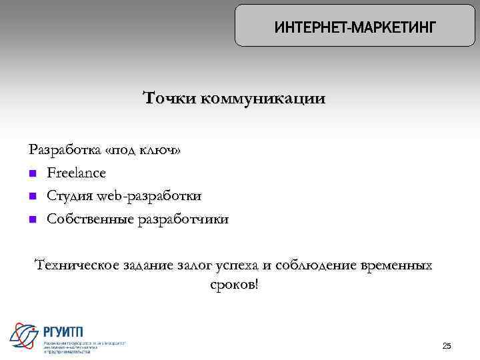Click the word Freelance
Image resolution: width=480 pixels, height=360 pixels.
(76, 173)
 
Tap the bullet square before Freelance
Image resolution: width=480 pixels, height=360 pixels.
(33, 174)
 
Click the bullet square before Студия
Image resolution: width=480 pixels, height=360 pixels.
(33, 197)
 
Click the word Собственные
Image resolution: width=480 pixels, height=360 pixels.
(89, 219)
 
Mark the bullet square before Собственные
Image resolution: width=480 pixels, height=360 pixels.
(33, 219)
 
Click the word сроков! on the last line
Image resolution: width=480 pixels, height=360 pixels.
(233, 285)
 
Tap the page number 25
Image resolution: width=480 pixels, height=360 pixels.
(447, 345)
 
